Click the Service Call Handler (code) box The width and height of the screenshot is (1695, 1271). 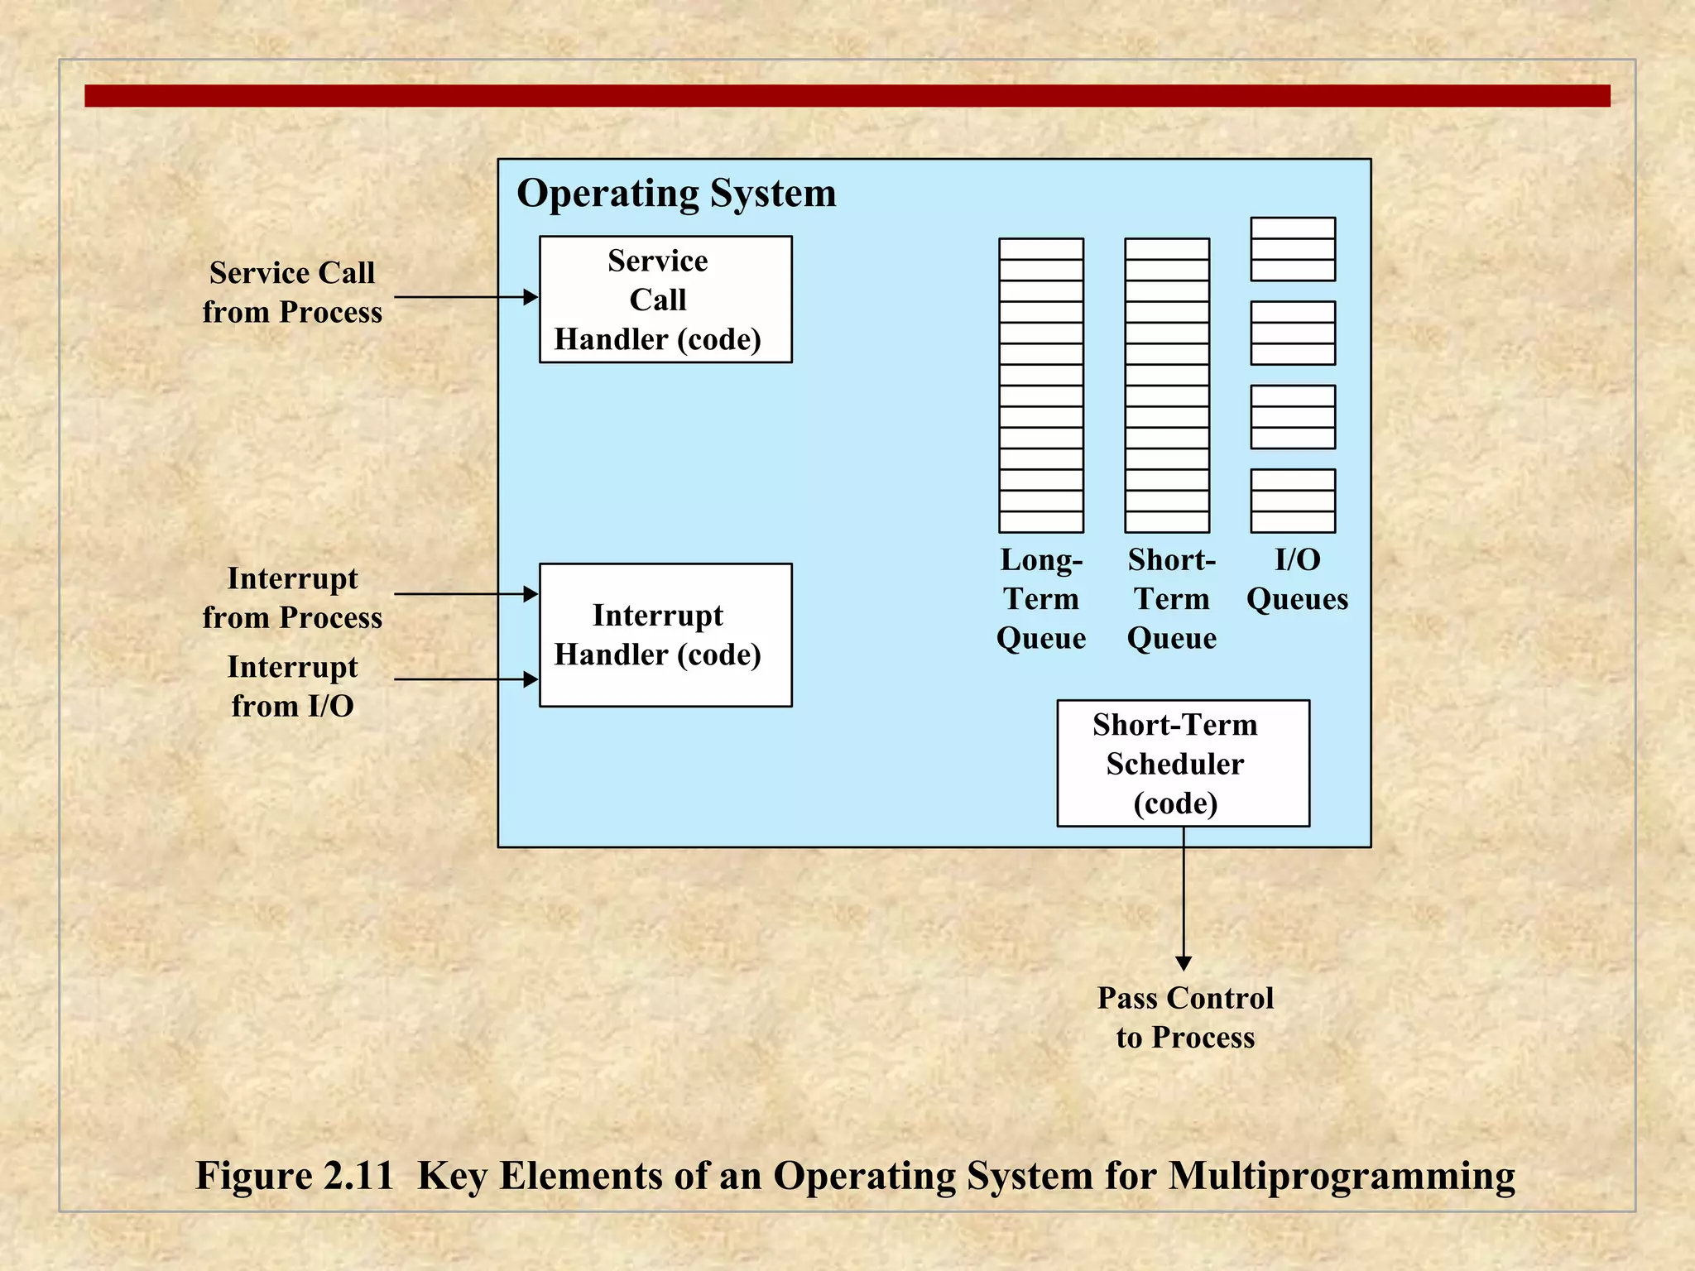pyautogui.click(x=665, y=300)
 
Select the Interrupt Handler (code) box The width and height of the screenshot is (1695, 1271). pyautogui.click(x=665, y=635)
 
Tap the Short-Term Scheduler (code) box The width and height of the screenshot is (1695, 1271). pyautogui.click(x=1183, y=763)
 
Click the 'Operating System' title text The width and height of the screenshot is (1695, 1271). pyautogui.click(x=676, y=194)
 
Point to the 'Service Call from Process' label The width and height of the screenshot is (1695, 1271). pyautogui.click(x=292, y=292)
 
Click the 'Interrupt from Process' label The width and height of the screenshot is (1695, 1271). pyautogui.click(x=292, y=597)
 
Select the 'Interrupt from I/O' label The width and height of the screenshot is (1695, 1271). pyautogui.click(x=292, y=686)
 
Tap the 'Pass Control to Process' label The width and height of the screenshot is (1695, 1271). pyautogui.click(x=1185, y=1017)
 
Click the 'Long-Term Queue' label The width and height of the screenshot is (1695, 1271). pyautogui.click(x=1041, y=598)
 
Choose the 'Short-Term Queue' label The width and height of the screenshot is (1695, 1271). pyautogui.click(x=1171, y=598)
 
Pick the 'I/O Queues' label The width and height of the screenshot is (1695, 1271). pyautogui.click(x=1297, y=579)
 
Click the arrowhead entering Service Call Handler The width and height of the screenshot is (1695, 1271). pyautogui.click(x=531, y=297)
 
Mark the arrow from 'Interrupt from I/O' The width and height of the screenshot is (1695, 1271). pyautogui.click(x=463, y=679)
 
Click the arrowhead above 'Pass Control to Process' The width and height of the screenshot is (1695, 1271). pyautogui.click(x=1184, y=963)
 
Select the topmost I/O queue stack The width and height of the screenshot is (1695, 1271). pyautogui.click(x=1293, y=249)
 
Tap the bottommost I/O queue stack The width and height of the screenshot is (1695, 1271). pyautogui.click(x=1293, y=501)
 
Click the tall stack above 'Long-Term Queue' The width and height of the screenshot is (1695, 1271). pyautogui.click(x=1041, y=385)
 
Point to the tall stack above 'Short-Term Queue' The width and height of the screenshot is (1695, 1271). pyautogui.click(x=1167, y=385)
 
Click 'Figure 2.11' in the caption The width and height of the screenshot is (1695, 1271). pyautogui.click(x=295, y=1175)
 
